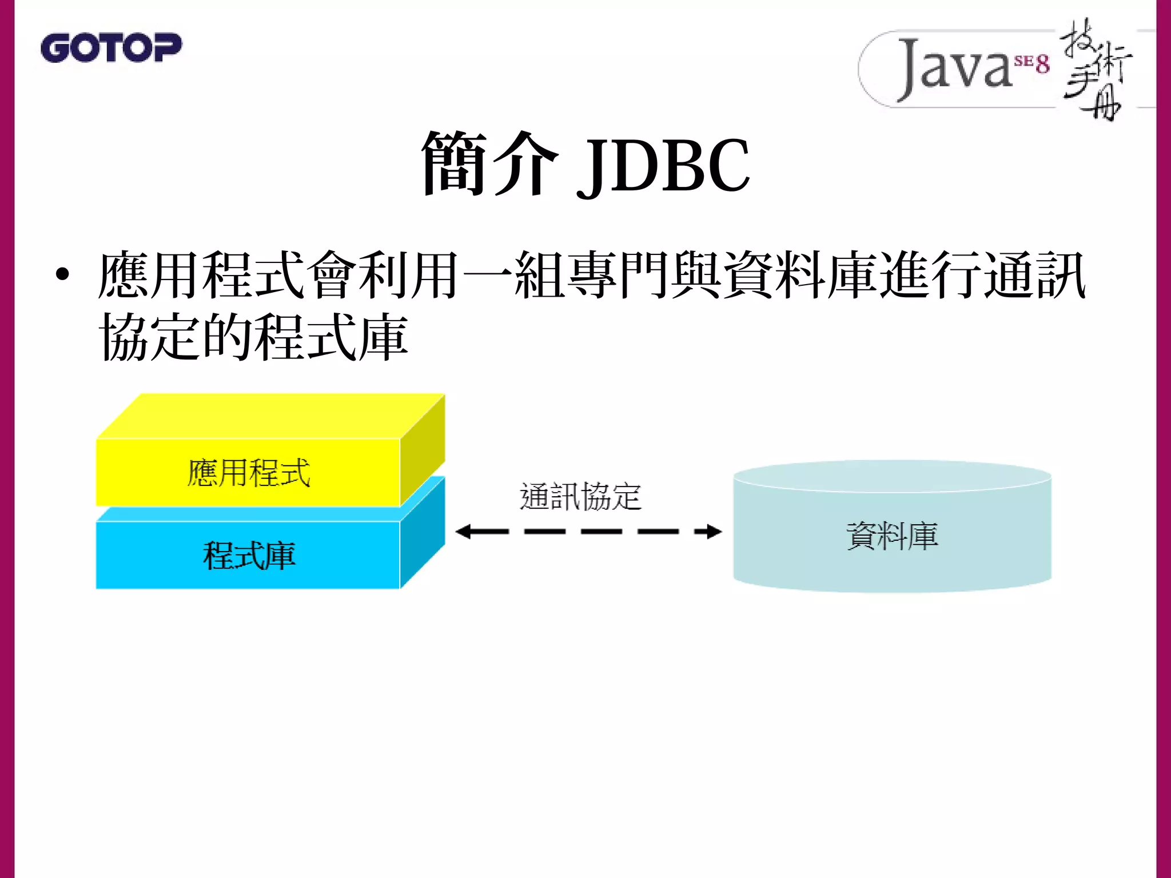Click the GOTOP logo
point(111,47)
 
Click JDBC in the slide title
point(663,166)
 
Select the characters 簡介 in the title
point(489,165)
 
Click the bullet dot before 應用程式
point(62,275)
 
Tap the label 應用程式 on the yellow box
point(249,473)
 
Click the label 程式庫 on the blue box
point(249,556)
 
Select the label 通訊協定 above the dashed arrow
point(580,496)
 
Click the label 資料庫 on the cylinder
point(892,536)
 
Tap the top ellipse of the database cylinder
point(892,476)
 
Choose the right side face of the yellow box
point(423,452)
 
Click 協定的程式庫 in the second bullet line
point(253,337)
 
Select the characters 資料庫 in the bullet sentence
point(800,275)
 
